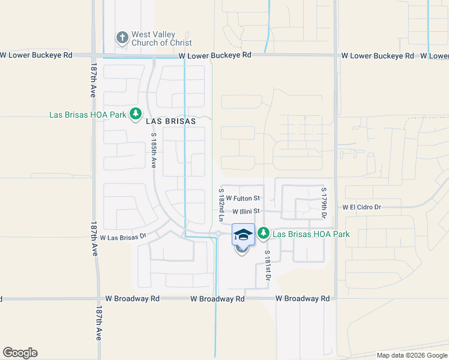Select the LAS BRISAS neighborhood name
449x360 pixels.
coord(170,121)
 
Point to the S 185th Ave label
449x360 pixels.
coord(154,150)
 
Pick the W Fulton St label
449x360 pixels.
coord(243,198)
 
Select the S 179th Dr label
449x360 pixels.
coord(324,203)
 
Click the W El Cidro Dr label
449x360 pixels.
coord(370,207)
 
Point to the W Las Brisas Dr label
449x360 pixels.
coord(123,237)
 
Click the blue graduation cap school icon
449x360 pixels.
coord(243,234)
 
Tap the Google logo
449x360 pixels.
coord(20,353)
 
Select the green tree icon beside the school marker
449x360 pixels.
coord(263,233)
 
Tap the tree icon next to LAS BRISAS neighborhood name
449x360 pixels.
coord(136,114)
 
